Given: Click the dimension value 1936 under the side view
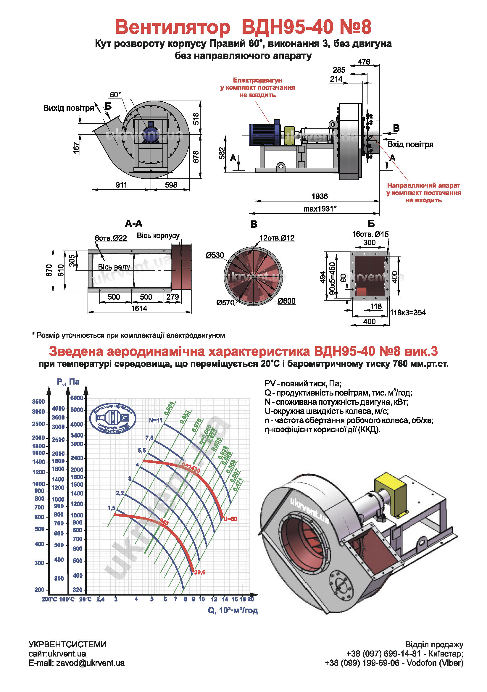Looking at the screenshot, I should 320,196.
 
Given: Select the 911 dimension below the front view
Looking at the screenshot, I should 121,185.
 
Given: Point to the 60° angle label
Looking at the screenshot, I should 115,95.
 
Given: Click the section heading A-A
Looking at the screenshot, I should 133,224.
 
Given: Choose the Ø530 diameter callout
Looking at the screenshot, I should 215,256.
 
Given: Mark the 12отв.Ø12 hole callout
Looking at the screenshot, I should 277,238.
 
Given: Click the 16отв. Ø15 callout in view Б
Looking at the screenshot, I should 370,234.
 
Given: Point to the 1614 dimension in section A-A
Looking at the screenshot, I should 139,308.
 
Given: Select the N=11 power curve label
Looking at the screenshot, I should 156,420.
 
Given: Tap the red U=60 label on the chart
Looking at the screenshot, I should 230,519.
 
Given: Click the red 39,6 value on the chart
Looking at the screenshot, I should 200,572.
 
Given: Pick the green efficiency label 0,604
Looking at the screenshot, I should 169,408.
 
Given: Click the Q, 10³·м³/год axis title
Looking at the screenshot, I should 233,610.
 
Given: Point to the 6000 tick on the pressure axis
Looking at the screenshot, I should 77,398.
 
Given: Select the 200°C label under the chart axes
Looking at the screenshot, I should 49,599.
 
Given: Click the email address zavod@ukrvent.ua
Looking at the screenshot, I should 90,663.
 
